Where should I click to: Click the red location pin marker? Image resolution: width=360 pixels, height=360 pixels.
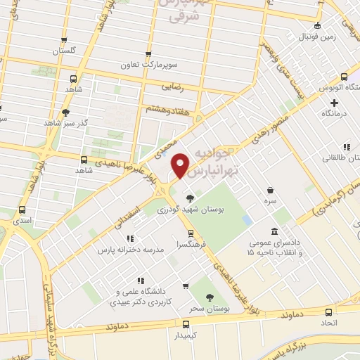pyautogui.click(x=181, y=165)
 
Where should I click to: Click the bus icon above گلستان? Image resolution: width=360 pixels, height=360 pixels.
pyautogui.click(x=64, y=41)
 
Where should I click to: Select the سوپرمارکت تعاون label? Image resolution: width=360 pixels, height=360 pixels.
pyautogui.click(x=148, y=64)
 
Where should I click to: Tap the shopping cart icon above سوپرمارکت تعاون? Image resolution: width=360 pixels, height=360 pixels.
pyautogui.click(x=148, y=53)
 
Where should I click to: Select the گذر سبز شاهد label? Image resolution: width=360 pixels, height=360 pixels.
pyautogui.click(x=65, y=122)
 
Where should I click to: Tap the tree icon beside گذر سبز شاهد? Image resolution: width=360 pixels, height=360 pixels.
pyautogui.click(x=65, y=112)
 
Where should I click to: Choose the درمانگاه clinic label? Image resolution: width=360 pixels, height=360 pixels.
pyautogui.click(x=336, y=113)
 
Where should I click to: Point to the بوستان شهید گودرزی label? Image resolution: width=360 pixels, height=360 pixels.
pyautogui.click(x=189, y=209)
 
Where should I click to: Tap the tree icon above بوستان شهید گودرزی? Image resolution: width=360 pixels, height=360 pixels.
pyautogui.click(x=189, y=198)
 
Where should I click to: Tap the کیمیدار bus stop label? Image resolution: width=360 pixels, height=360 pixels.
pyautogui.click(x=186, y=336)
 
